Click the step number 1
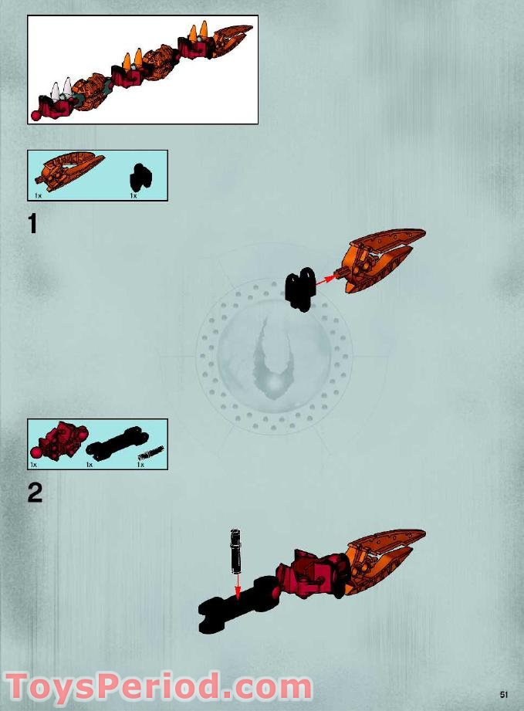click(32, 224)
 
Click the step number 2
click(35, 493)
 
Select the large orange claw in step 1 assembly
click(380, 261)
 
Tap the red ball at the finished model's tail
click(35, 116)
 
